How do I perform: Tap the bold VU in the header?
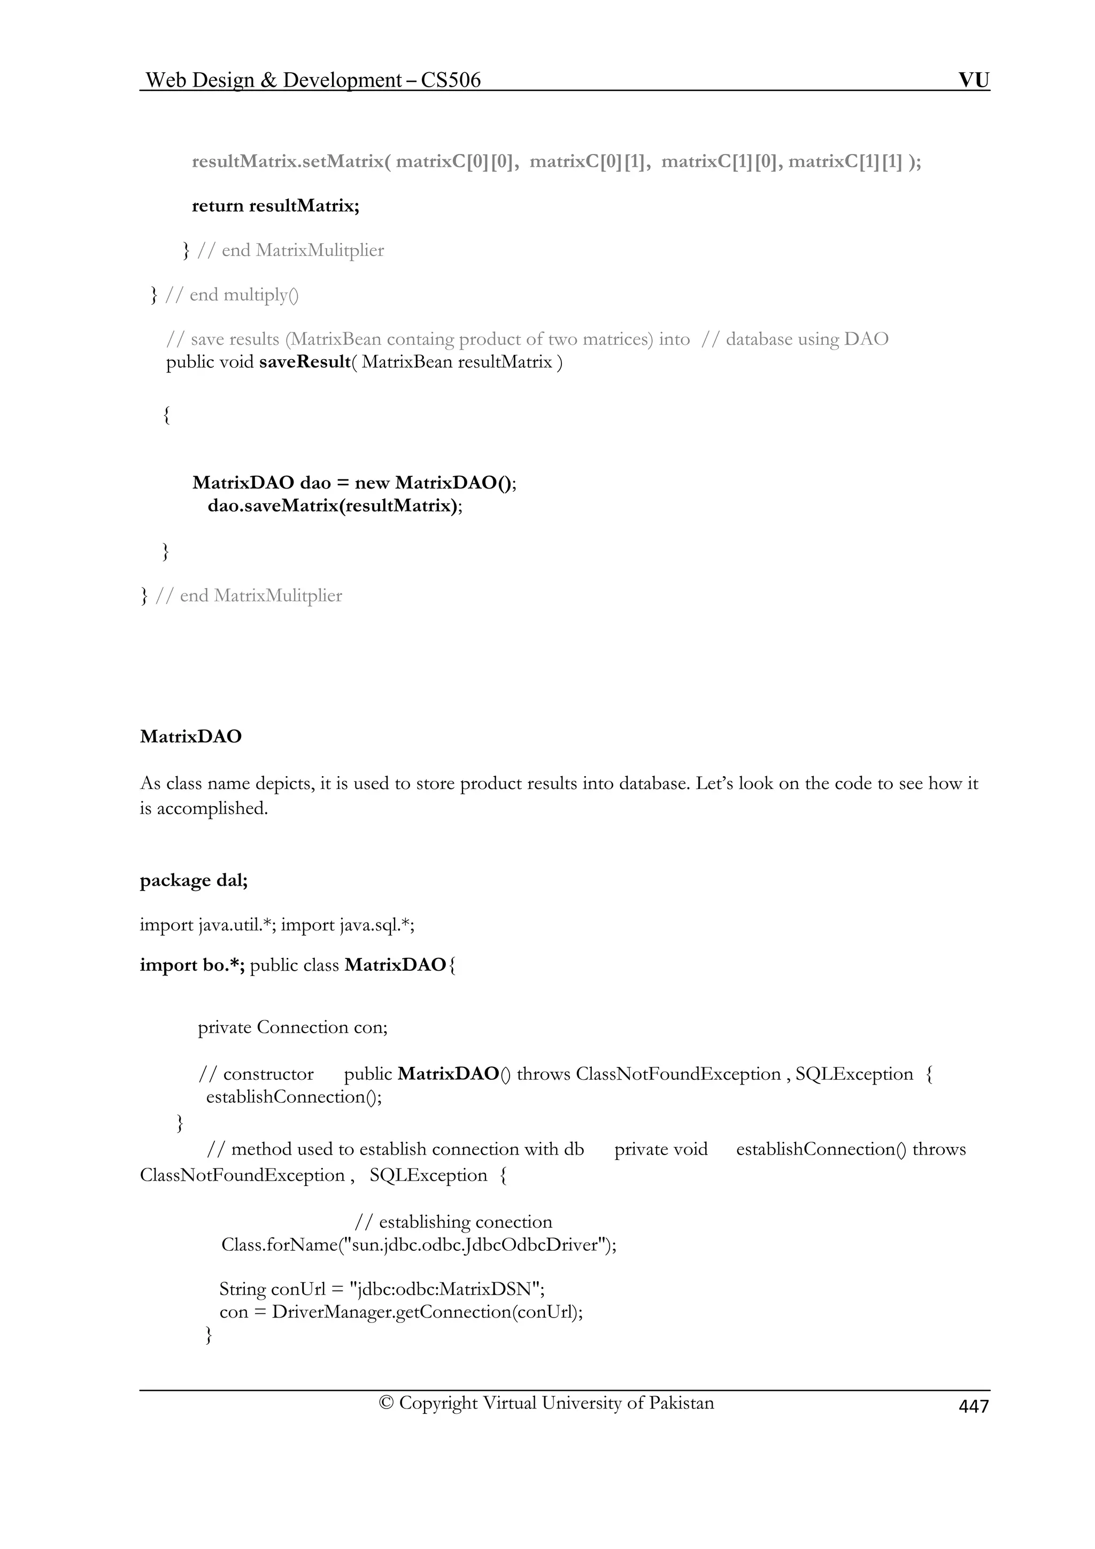(x=974, y=80)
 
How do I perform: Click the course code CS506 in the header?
(x=451, y=80)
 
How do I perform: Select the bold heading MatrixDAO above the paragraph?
(x=191, y=736)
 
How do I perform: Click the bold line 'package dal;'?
(x=194, y=880)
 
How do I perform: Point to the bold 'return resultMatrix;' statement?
(x=275, y=205)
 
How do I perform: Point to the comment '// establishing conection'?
(x=453, y=1222)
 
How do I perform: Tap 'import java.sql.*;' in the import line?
(x=348, y=924)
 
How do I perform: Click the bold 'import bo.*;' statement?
(x=192, y=965)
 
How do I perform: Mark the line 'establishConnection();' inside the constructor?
(x=294, y=1096)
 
